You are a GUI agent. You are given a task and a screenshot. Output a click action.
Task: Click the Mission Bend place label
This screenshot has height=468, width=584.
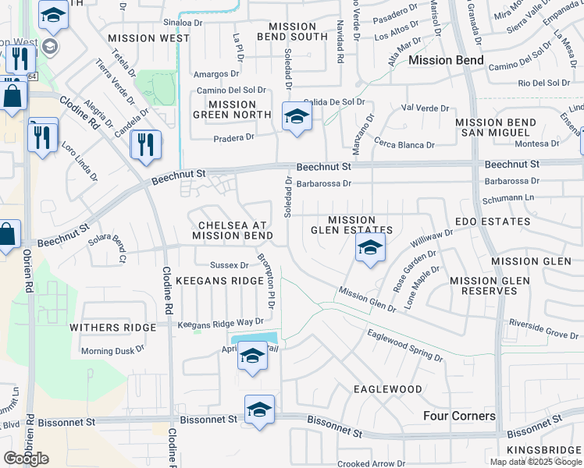446,60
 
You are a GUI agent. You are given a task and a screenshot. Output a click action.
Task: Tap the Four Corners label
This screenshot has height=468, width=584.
459,416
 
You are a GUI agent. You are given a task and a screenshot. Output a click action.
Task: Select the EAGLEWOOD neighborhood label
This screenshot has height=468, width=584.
387,388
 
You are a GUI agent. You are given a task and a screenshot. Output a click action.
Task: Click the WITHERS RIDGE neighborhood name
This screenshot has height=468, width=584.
109,328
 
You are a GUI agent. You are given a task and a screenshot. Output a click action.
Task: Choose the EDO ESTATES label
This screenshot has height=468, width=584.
492,222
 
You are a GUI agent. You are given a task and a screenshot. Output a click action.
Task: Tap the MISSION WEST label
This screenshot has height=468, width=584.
148,37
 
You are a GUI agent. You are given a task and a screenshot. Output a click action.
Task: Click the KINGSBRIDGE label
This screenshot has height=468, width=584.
545,450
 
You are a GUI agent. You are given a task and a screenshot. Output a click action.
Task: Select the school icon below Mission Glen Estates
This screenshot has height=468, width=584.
370,250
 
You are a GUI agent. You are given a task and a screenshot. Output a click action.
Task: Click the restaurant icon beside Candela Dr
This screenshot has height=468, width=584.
146,144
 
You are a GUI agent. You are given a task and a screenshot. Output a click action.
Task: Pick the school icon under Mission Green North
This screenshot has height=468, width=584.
296,117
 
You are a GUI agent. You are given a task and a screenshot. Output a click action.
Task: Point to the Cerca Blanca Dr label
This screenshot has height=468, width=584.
404,144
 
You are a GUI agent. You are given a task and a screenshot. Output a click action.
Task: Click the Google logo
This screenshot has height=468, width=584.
27,459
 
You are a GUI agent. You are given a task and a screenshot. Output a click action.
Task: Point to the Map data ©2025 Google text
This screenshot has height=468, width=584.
535,462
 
